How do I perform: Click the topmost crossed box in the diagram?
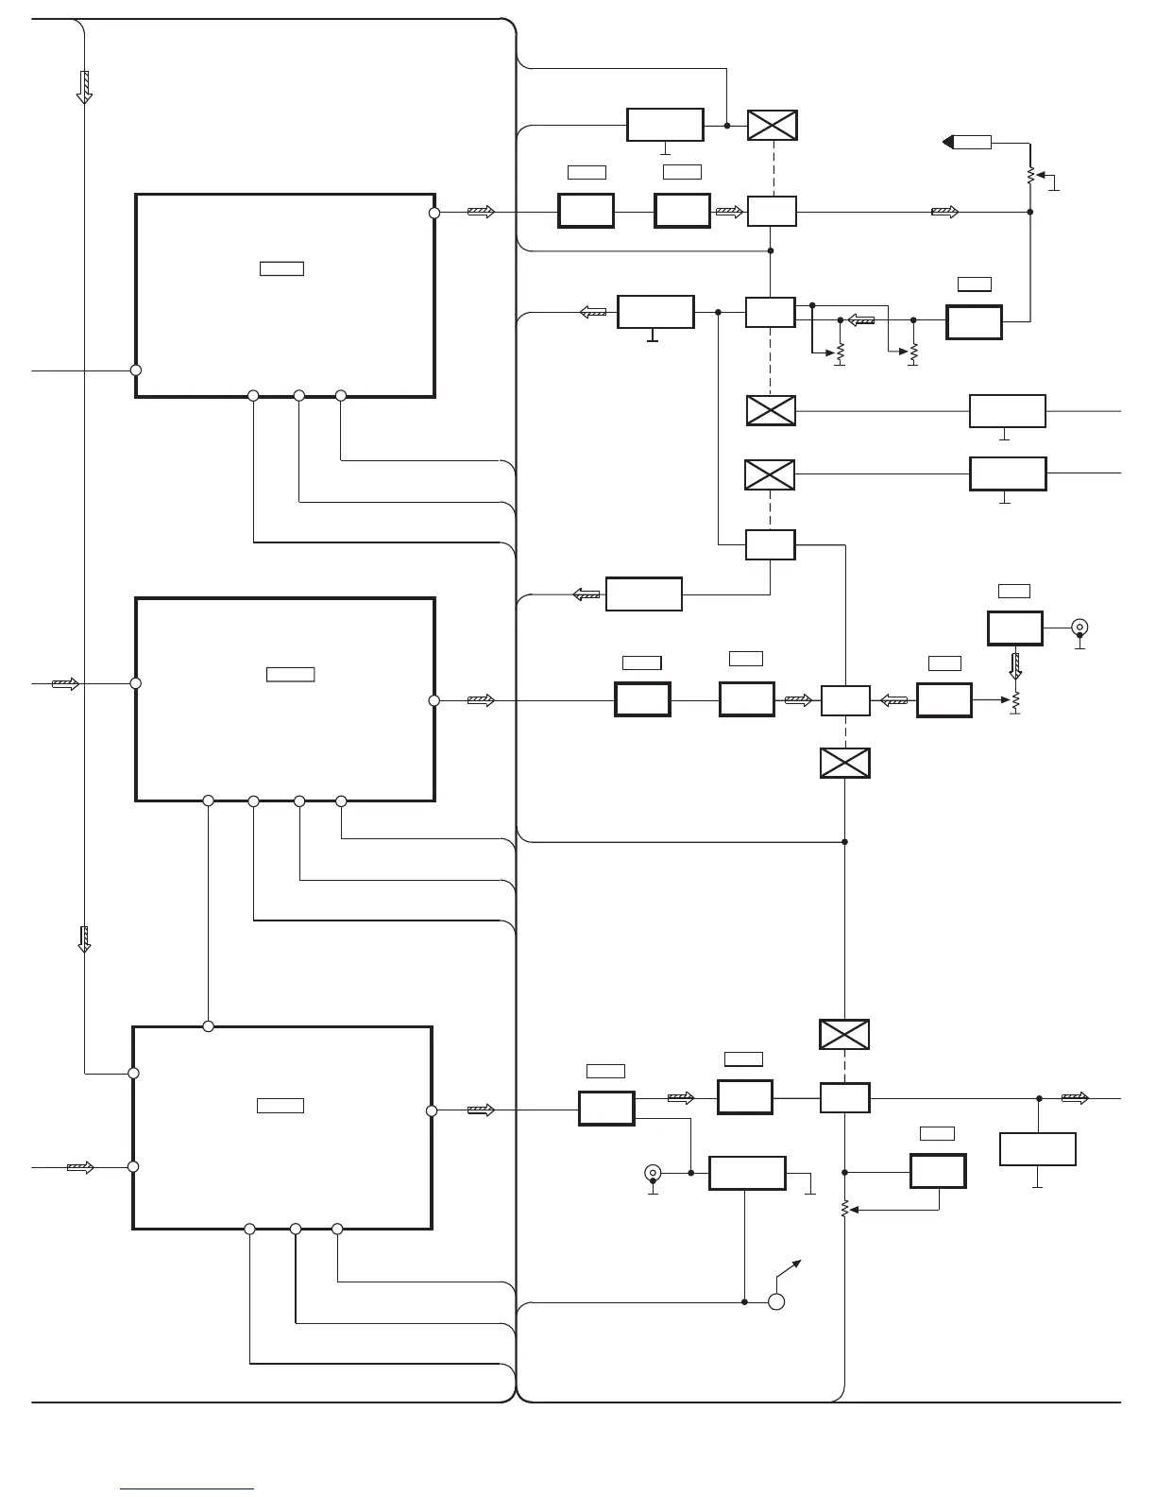tap(773, 126)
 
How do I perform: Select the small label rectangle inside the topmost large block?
tap(281, 268)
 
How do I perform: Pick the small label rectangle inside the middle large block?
tap(290, 674)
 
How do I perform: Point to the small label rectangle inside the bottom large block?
tap(280, 1106)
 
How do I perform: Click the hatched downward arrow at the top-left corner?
tap(84, 86)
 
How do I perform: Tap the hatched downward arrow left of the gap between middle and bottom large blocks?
tap(84, 938)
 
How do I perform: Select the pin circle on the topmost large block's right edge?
tap(434, 213)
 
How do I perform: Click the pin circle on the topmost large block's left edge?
tap(136, 370)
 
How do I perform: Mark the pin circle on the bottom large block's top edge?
tap(209, 1026)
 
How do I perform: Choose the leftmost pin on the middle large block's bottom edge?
tap(209, 801)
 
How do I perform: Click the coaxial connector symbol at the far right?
tap(1079, 627)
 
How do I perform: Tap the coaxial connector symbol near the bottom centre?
tap(652, 1173)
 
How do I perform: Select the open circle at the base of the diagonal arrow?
tap(776, 1302)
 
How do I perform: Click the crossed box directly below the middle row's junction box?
tap(845, 763)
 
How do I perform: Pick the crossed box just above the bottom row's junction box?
tap(843, 1034)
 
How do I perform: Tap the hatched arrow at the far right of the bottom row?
tap(1075, 1098)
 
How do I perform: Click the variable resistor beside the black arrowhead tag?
tap(1030, 175)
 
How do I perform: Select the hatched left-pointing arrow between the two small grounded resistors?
tap(860, 320)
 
